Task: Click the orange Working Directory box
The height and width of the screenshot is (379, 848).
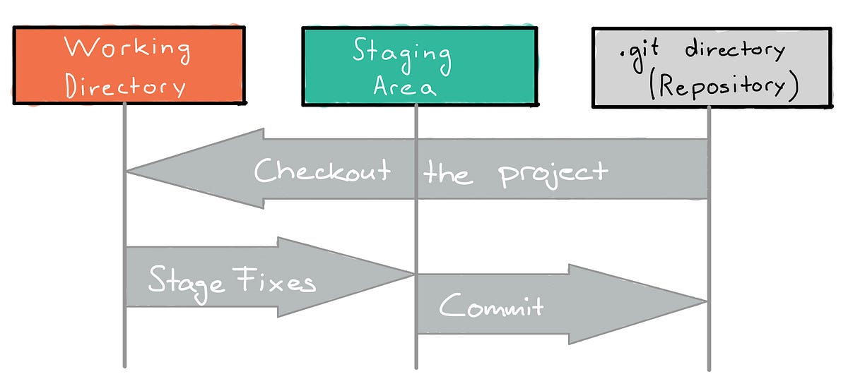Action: point(129,66)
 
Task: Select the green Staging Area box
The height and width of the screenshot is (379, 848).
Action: point(418,66)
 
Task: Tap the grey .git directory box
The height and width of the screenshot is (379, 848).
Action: point(711,68)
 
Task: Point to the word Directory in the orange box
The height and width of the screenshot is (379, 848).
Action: point(126,85)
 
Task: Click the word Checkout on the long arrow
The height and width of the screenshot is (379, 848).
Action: point(322,171)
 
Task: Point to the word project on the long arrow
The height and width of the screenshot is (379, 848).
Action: point(553,174)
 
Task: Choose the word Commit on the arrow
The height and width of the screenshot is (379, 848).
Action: point(491,306)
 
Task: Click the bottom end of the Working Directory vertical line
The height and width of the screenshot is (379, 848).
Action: point(124,365)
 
